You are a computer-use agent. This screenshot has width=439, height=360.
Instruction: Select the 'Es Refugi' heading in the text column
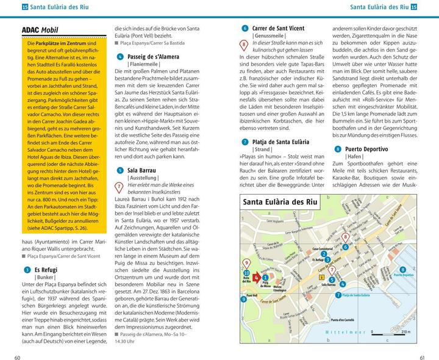pyautogui.click(x=46, y=269)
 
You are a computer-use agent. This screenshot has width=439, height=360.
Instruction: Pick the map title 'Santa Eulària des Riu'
pyautogui.click(x=280, y=203)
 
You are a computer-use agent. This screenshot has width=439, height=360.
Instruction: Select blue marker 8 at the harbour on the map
pyautogui.click(x=402, y=269)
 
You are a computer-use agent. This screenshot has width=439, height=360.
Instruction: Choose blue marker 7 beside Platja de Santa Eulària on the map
pyautogui.click(x=338, y=295)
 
